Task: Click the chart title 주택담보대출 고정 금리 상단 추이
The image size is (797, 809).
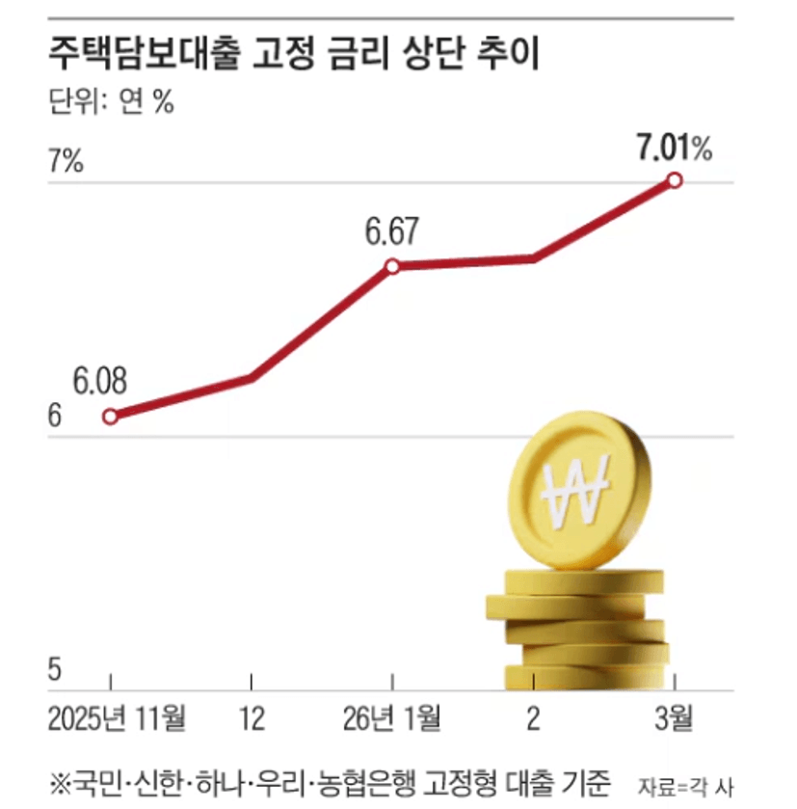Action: point(295,54)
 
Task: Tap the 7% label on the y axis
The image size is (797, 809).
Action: point(66,161)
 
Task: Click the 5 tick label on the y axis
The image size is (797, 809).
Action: point(54,668)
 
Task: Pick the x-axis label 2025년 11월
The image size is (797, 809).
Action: point(117,718)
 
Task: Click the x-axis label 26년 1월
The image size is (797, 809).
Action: point(392,718)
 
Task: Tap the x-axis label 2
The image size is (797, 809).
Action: point(533,718)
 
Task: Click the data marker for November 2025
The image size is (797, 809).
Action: point(111,416)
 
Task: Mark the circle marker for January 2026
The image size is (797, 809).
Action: point(392,266)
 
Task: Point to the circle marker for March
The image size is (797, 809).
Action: point(675,180)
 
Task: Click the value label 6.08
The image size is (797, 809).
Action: point(100,380)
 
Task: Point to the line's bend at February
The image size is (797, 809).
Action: point(533,257)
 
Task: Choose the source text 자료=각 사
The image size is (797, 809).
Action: point(692,783)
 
